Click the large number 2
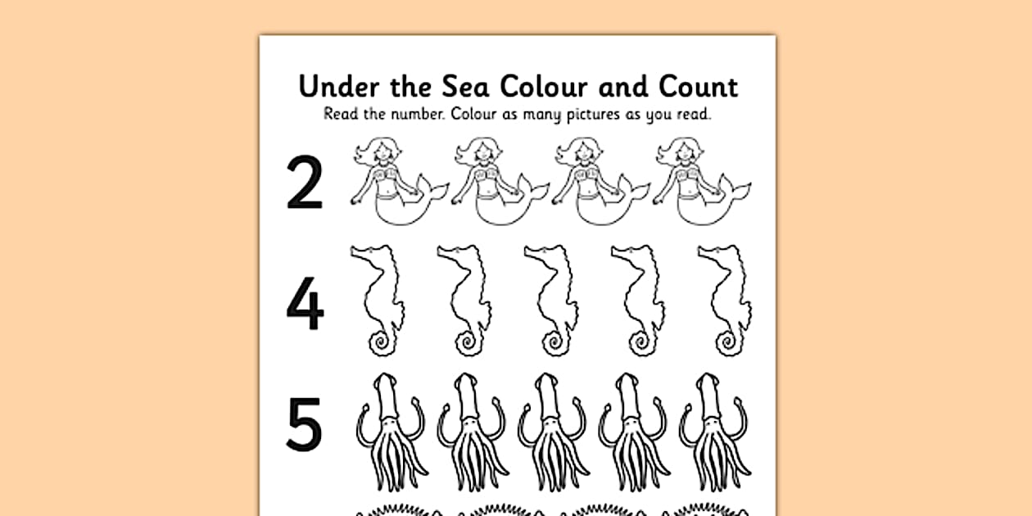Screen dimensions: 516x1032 [304, 183]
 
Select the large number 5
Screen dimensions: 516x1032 [305, 424]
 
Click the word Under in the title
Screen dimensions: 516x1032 [336, 86]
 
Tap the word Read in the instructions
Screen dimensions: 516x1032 [342, 114]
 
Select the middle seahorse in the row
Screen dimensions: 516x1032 [550, 299]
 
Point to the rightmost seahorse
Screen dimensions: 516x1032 [725, 299]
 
